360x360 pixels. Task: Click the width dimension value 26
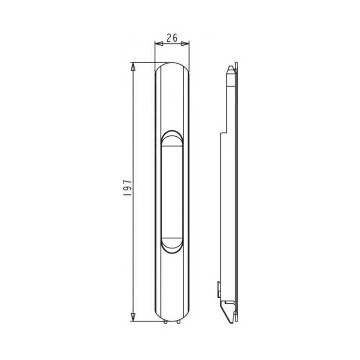[x=172, y=38]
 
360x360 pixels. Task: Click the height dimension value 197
[x=127, y=188]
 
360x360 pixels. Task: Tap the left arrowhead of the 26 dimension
[x=159, y=44]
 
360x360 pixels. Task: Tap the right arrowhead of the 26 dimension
[x=185, y=44]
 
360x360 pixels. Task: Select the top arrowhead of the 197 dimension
[x=133, y=67]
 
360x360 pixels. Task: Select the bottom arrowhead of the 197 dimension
[x=133, y=317]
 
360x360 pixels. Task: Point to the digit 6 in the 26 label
[x=175, y=38]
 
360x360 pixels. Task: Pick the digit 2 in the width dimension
[x=169, y=38]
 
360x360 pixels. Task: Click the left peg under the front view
[x=165, y=322]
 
